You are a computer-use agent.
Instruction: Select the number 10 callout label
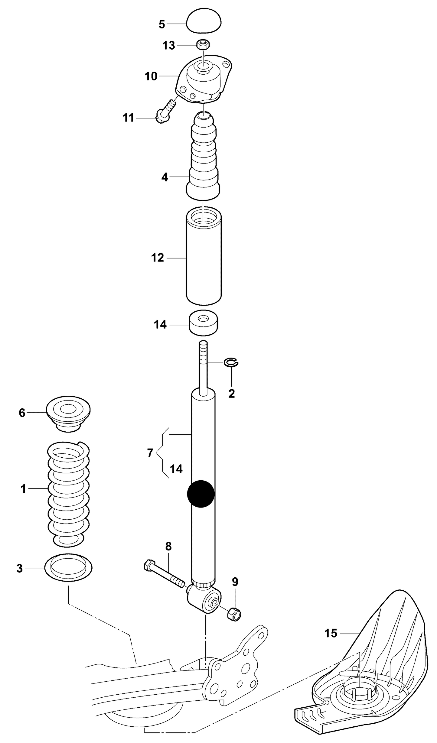coord(151,76)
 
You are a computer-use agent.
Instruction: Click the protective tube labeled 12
coord(204,257)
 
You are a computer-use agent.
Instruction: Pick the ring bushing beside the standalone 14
coord(204,323)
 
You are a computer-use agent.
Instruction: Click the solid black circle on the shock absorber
coord(201,494)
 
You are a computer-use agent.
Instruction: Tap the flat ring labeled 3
coord(68,569)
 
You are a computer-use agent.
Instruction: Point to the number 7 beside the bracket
coord(150,453)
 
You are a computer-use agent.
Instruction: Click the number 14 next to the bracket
coord(176,469)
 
